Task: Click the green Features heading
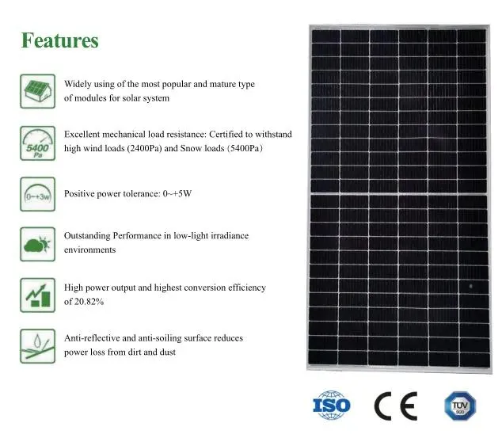[59, 40]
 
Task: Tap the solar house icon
[37, 91]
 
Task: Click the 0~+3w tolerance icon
[37, 193]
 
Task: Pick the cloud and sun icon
[37, 243]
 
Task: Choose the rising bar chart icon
[37, 295]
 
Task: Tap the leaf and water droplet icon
[37, 345]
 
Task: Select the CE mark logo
[395, 406]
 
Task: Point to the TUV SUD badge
[459, 405]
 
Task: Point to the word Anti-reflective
[89, 338]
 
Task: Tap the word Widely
[78, 84]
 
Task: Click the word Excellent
[82, 135]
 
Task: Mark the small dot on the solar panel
[470, 284]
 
